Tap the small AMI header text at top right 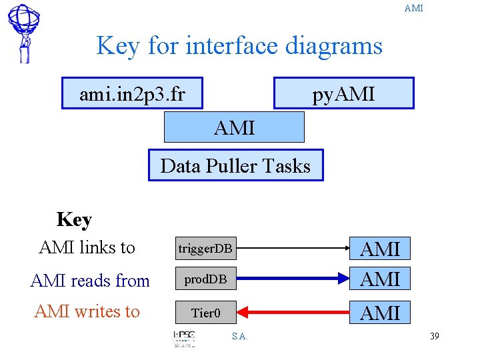[413, 8]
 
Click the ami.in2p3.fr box [132, 94]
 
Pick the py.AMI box [343, 93]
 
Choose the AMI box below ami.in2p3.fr [234, 127]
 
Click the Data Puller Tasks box [235, 165]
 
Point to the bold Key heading [74, 219]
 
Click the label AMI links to [87, 247]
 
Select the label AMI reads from [90, 281]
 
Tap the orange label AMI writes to [87, 311]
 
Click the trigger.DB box [205, 249]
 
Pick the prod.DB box [205, 279]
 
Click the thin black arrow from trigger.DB [293, 249]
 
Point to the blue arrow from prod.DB [293, 279]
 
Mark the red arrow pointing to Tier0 [293, 312]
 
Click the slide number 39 [434, 336]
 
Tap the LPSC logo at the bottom [184, 338]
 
